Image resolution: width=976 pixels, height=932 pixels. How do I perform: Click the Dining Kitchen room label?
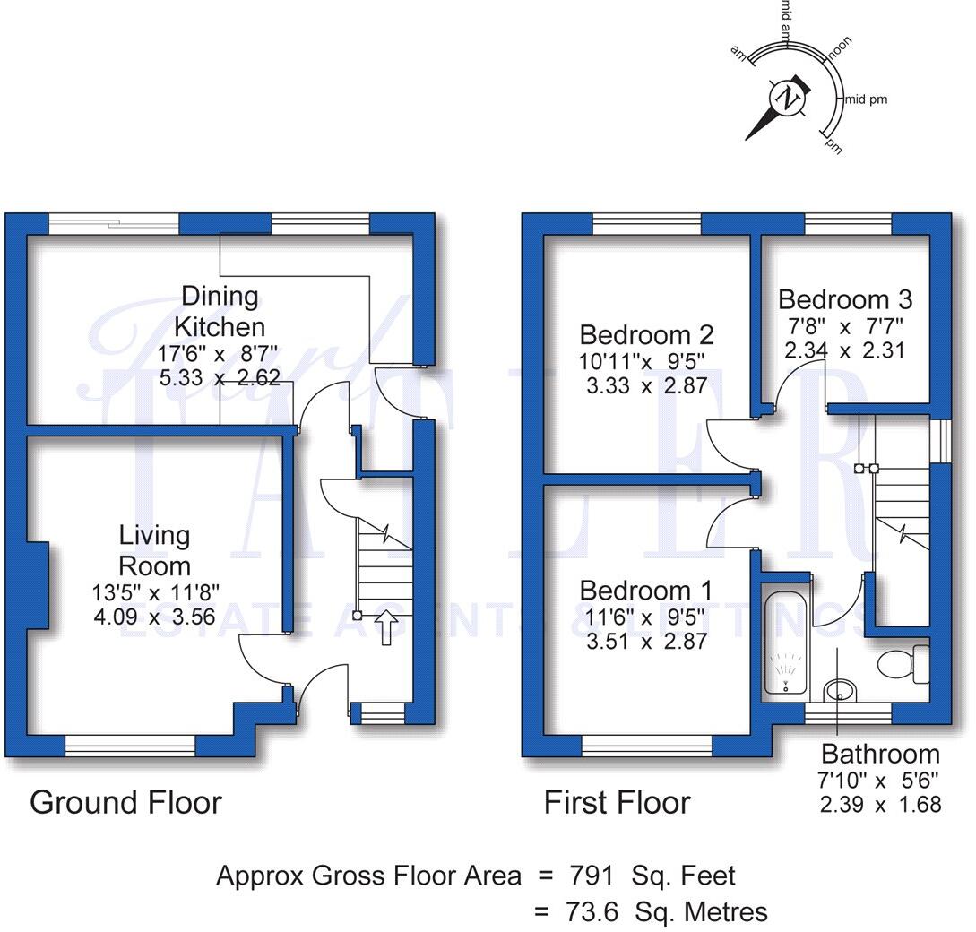[220, 311]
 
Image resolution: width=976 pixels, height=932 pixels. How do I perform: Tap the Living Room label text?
[155, 550]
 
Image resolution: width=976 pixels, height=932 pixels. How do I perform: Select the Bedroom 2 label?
[646, 335]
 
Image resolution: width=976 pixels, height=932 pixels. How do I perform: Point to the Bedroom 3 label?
[844, 298]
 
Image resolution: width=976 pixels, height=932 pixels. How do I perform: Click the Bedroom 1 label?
[645, 591]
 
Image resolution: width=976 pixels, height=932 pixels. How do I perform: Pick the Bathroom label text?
[880, 754]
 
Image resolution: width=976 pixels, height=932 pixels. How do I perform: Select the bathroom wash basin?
[839, 691]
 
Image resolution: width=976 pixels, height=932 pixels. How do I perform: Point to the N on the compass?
[788, 98]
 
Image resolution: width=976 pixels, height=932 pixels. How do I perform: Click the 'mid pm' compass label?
[866, 99]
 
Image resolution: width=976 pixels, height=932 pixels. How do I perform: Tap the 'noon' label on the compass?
[840, 47]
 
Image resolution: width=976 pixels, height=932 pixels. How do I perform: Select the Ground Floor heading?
[125, 802]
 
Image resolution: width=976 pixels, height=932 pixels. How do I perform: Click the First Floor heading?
[617, 802]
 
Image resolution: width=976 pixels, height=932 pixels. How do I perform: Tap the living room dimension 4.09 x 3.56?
[155, 617]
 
